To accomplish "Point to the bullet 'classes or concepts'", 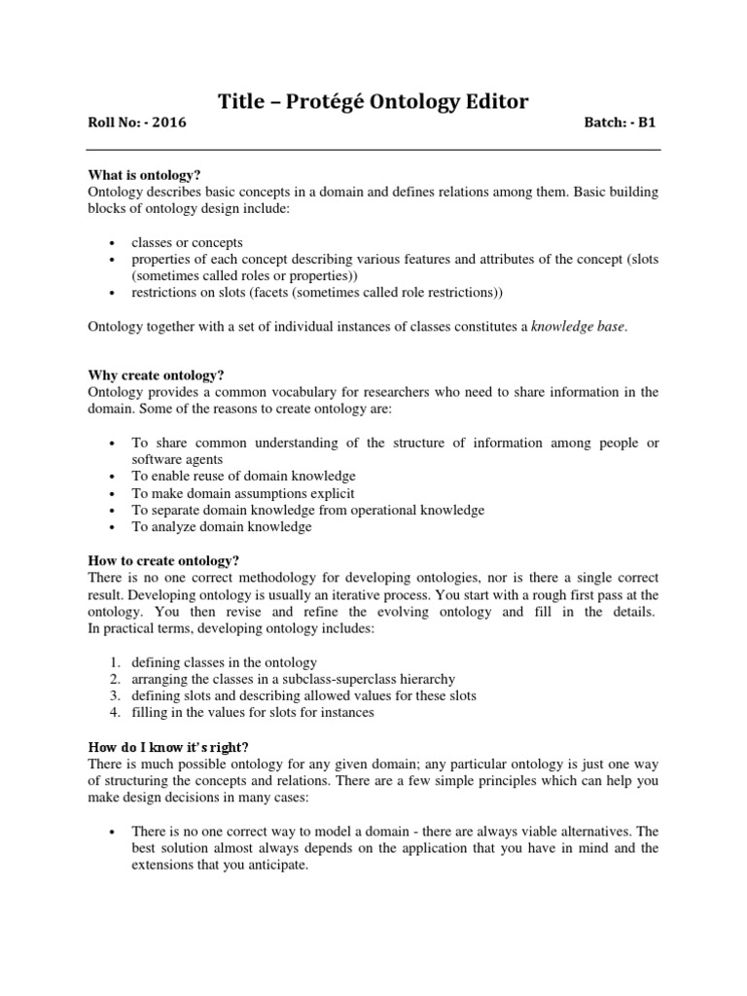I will point(188,242).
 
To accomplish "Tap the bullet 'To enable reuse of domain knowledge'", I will point(244,477).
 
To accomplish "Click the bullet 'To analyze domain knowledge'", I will point(222,527).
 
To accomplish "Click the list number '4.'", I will point(115,712).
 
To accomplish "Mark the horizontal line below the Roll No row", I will point(373,150).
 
